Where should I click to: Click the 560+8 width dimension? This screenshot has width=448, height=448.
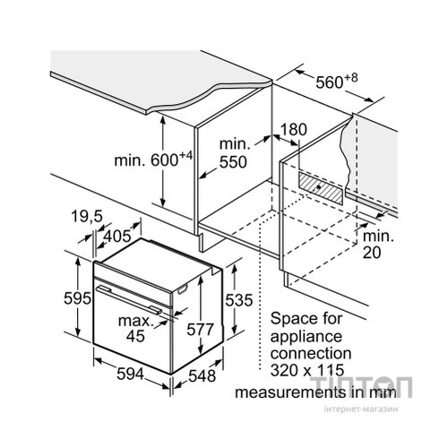337,81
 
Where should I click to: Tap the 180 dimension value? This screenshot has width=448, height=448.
294,130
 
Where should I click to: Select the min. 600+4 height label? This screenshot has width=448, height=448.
153,159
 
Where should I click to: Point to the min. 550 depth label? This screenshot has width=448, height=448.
234,153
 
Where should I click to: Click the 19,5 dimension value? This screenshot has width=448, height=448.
87,216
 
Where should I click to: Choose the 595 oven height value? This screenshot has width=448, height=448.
77,298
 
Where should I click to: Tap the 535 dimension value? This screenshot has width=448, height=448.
239,300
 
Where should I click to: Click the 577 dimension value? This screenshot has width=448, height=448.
200,330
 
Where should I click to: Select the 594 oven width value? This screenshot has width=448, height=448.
130,374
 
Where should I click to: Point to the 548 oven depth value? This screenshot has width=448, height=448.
202,375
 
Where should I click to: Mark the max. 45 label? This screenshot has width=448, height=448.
136,329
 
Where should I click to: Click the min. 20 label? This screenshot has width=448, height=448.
378,245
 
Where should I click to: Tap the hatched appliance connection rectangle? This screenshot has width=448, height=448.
321,188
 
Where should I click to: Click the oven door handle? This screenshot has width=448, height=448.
129,299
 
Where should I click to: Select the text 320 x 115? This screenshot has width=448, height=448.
307,370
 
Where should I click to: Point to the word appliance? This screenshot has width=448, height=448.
306,338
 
